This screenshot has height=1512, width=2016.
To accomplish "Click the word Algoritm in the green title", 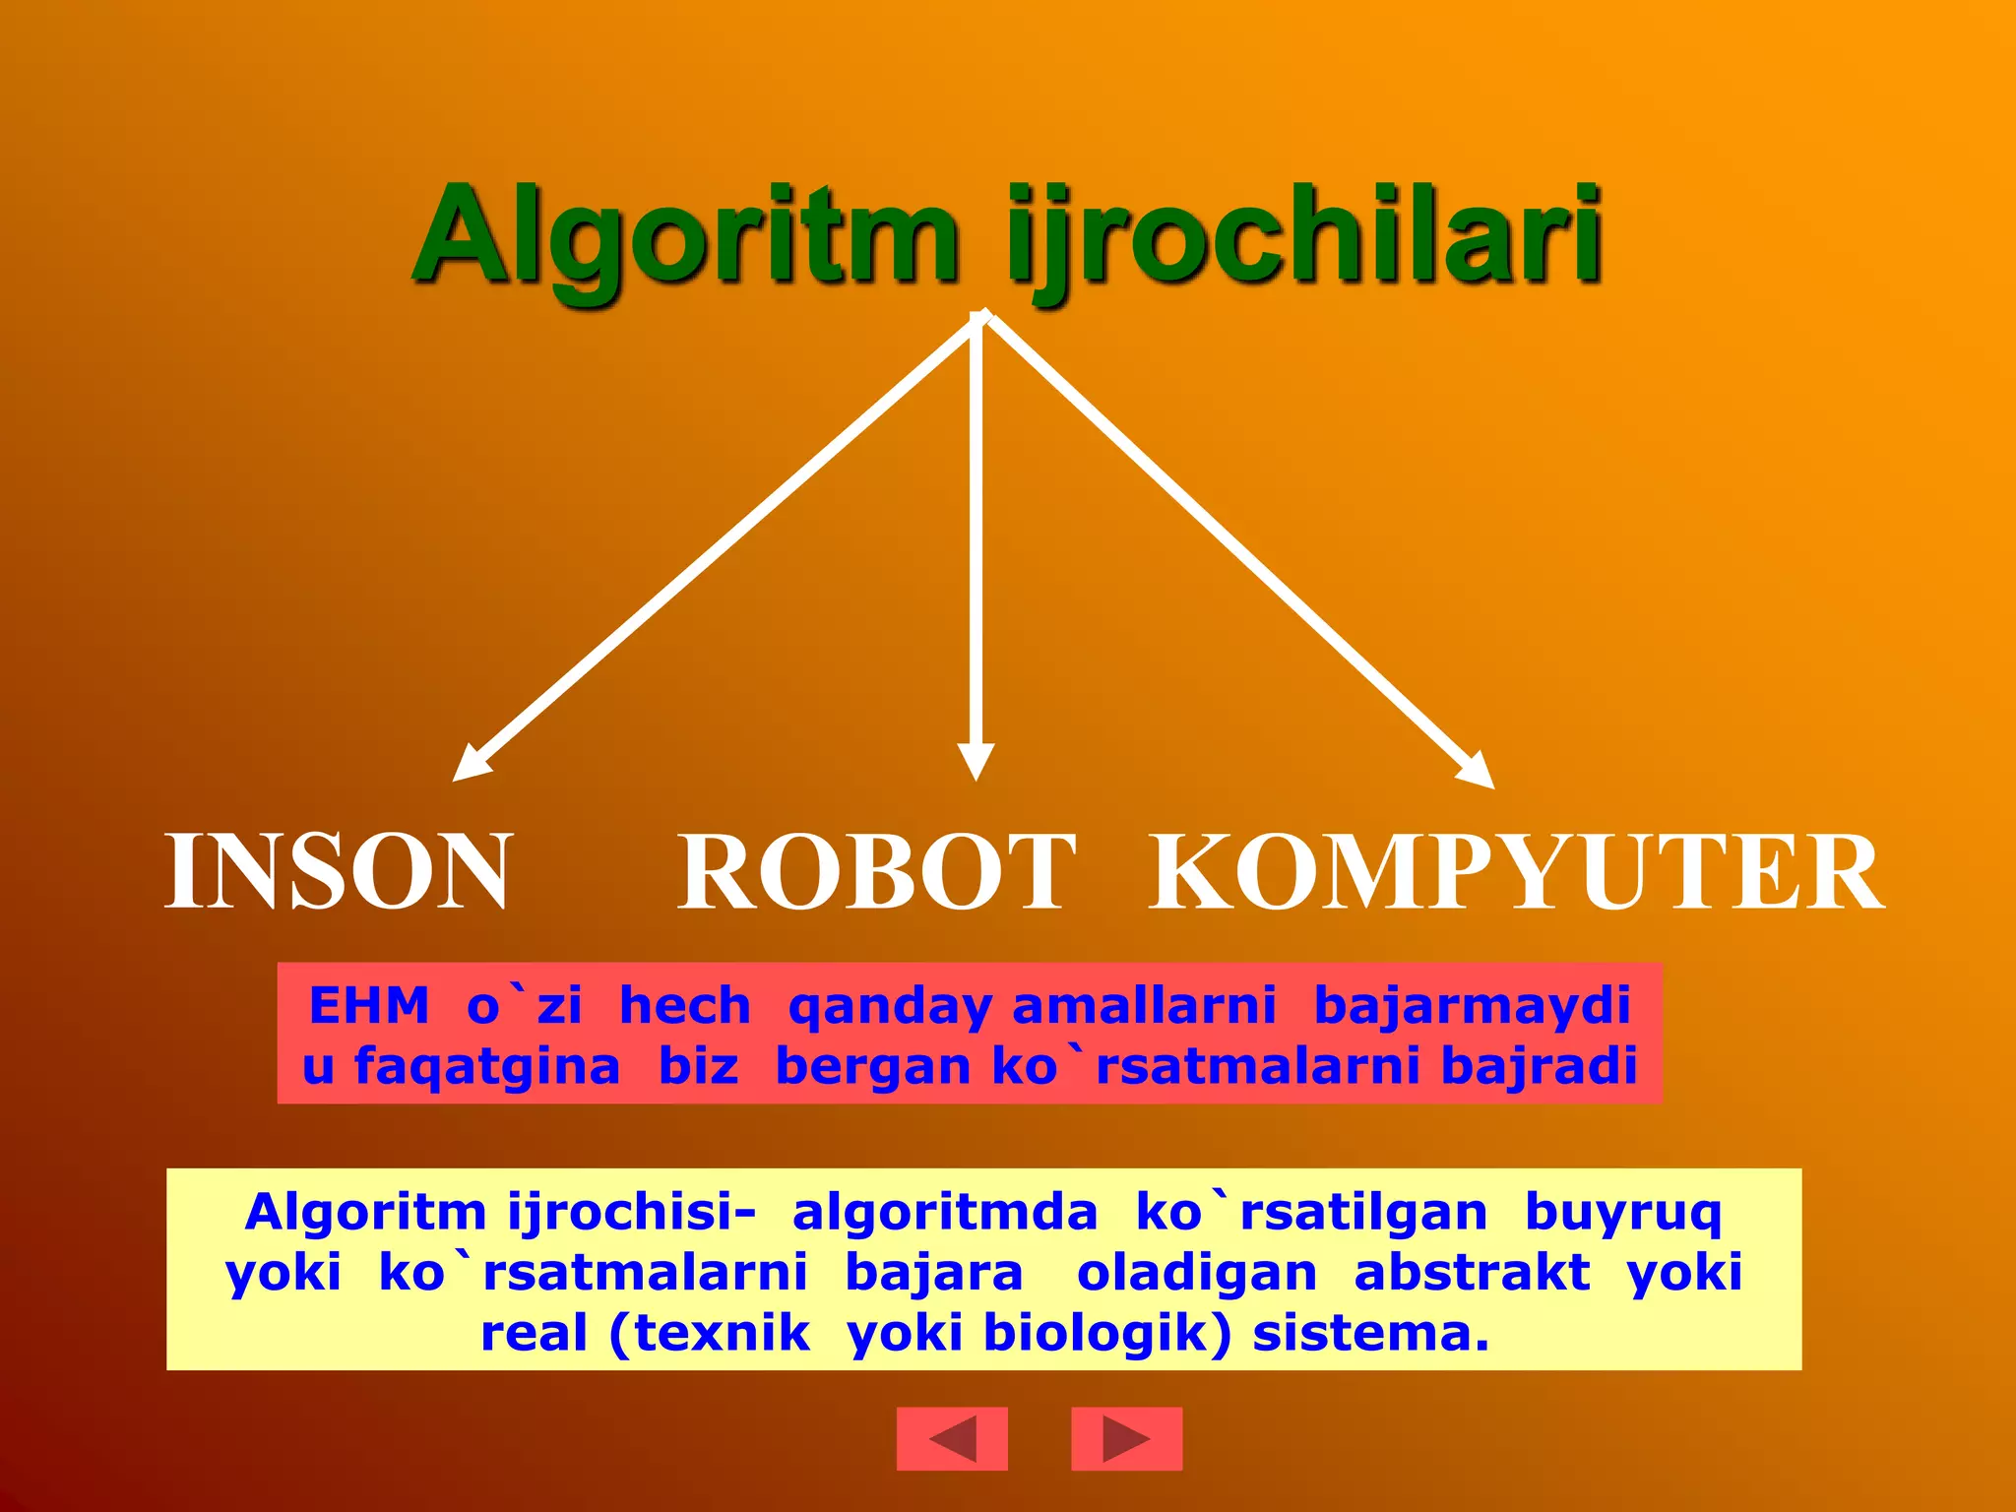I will point(686,236).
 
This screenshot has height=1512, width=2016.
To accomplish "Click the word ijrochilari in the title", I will point(1305,236).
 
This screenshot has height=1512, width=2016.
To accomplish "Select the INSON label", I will point(339,870).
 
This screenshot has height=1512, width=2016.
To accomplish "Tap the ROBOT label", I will point(877,870).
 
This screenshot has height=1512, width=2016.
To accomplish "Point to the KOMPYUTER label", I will point(1517,870).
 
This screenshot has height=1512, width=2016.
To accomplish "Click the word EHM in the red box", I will point(369,1005).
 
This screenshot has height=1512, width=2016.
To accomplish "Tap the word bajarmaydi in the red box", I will point(1473,1005).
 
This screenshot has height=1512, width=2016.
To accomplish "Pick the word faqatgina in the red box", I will point(486,1066).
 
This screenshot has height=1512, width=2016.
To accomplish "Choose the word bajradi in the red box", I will point(1539,1066).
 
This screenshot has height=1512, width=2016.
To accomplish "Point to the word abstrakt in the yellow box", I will point(1472,1272).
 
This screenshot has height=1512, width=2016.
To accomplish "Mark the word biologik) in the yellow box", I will point(1107,1333).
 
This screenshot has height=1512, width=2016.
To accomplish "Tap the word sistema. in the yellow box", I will point(1370,1333).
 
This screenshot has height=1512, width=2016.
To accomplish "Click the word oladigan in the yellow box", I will point(1196,1272).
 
